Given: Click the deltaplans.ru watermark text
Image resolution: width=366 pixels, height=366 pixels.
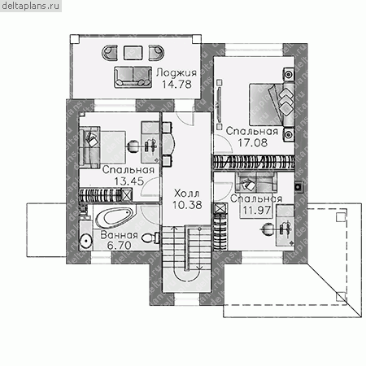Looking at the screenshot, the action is click(x=31, y=6).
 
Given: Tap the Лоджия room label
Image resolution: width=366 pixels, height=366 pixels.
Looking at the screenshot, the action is click(x=176, y=72).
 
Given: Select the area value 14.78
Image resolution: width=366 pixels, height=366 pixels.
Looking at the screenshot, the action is click(x=176, y=85).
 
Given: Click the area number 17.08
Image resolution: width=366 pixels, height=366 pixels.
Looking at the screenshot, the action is click(x=252, y=142).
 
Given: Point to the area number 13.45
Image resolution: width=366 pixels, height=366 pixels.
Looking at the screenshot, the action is click(x=129, y=181).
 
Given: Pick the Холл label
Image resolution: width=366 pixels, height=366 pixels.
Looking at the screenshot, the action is click(x=187, y=194).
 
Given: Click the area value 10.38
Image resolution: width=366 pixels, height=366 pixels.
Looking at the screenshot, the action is click(x=187, y=205).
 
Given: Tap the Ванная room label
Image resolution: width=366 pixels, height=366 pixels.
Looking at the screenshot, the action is click(x=119, y=235).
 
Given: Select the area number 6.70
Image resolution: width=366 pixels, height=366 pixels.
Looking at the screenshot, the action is click(x=119, y=246).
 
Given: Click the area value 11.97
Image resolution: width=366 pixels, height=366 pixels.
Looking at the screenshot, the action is click(x=256, y=210).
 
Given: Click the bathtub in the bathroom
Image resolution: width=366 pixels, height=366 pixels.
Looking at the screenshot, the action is click(x=114, y=219).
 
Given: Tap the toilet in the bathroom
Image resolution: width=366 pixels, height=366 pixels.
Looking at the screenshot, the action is click(x=150, y=237).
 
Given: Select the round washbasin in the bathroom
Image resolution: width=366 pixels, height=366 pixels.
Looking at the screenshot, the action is click(x=86, y=240).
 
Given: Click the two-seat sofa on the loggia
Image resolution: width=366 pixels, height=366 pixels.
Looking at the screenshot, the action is click(x=133, y=77).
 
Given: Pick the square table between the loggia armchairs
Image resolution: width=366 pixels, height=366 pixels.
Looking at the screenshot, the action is click(x=133, y=53).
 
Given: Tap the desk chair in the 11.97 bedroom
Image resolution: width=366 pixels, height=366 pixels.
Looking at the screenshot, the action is click(x=268, y=229).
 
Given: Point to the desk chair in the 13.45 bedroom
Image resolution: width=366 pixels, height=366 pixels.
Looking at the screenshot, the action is click(x=133, y=146).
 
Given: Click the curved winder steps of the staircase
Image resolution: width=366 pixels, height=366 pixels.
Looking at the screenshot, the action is click(x=187, y=276).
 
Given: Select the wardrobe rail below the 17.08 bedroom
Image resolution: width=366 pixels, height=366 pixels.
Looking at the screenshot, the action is click(x=254, y=163).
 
